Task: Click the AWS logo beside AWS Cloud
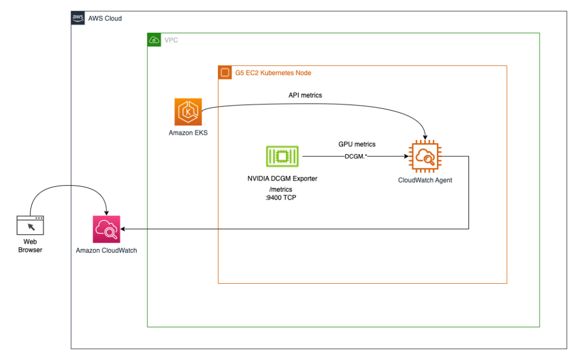(78, 18)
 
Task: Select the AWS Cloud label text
(105, 19)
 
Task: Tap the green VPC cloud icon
(154, 40)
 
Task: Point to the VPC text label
(171, 40)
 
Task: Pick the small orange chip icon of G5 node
(225, 73)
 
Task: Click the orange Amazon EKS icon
(188, 111)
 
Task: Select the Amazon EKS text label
(188, 133)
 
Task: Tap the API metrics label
(305, 95)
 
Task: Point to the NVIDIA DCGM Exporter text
(282, 179)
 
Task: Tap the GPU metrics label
(357, 144)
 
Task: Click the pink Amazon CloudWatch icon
(107, 229)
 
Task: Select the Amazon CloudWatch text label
(107, 250)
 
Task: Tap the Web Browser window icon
(30, 225)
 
